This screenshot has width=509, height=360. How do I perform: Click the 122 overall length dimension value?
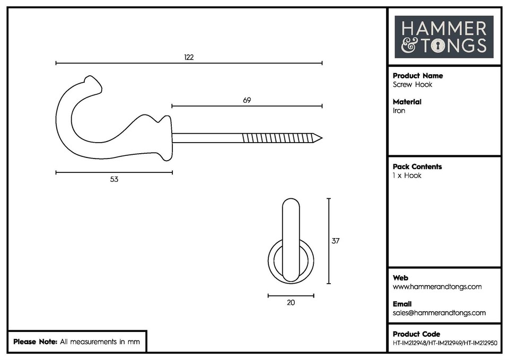189,57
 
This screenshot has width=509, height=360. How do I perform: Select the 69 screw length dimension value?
247,100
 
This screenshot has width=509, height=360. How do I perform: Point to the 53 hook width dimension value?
114,179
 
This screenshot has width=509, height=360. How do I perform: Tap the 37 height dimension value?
335,241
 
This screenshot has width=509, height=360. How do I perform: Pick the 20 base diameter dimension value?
291,303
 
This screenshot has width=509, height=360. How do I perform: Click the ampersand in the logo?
409,46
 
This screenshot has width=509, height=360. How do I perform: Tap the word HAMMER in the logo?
444,29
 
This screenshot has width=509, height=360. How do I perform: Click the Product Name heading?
418,76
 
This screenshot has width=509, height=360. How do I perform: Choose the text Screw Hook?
413,85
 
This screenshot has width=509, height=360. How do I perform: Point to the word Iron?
399,111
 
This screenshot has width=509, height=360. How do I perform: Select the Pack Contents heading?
417,166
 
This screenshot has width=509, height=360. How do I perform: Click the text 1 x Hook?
407,175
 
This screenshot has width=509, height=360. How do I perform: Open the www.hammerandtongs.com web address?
437,287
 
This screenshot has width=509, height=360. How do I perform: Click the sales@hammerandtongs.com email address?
439,313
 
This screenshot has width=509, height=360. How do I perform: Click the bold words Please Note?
35,342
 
